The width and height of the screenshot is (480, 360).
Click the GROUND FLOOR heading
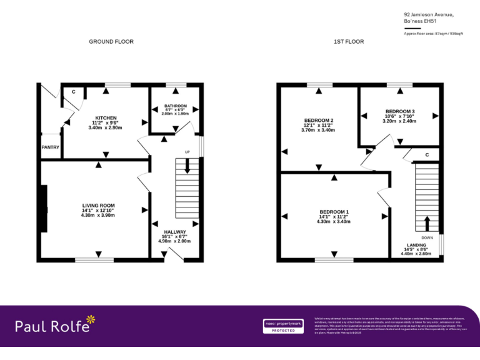point(111,42)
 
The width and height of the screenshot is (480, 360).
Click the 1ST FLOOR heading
point(349,42)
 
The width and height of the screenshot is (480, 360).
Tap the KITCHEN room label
point(106,118)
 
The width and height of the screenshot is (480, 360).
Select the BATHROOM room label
point(176,106)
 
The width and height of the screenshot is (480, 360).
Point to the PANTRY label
point(51,147)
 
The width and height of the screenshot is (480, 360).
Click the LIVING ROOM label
point(99,205)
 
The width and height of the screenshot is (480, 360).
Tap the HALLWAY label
point(174,232)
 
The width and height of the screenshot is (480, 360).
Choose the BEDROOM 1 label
point(334,211)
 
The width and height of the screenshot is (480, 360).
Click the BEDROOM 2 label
point(319,120)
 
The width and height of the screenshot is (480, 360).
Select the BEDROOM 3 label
point(400,111)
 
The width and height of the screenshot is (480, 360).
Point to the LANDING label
point(417,245)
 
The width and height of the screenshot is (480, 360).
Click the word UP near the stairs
point(187,152)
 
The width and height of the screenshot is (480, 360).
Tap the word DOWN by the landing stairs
point(427,237)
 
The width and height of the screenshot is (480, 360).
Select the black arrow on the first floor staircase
point(427,223)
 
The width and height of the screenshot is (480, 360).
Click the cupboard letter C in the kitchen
point(73,92)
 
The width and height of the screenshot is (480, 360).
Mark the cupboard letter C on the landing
point(427,154)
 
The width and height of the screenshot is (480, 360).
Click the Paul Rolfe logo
point(56,325)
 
